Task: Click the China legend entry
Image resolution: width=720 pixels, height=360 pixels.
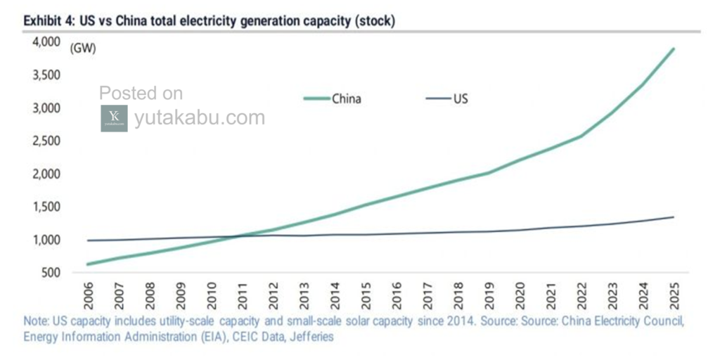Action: [x=332, y=98]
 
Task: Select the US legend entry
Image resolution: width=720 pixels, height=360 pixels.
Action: [x=447, y=98]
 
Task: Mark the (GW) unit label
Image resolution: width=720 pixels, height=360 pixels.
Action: [x=83, y=49]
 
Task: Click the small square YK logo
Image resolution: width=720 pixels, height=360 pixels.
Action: [x=115, y=118]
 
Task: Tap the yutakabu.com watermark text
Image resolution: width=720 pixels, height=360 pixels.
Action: [x=200, y=118]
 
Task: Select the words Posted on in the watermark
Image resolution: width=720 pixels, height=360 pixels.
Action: [x=141, y=94]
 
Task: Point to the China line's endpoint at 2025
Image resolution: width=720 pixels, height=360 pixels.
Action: [x=673, y=49]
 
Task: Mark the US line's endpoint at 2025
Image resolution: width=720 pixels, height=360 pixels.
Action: [x=673, y=217]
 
